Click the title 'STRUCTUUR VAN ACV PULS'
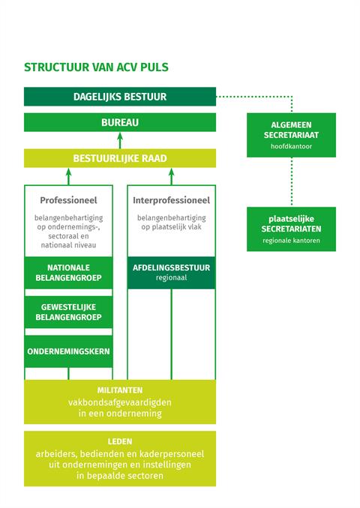(96, 67)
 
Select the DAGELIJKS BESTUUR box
(120, 97)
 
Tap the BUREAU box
(120, 122)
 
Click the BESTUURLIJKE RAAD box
(120, 158)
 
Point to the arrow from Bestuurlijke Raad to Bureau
(120, 140)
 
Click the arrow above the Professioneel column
(68, 176)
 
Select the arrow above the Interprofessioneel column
(171, 176)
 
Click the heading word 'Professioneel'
(68, 201)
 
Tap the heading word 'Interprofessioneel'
(171, 201)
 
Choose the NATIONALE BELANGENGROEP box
(68, 273)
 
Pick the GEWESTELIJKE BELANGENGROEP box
(68, 312)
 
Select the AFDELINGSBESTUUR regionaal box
(171, 273)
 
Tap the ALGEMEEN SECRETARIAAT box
(291, 135)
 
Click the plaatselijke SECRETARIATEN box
(291, 229)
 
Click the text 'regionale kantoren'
(291, 241)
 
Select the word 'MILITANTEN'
(120, 390)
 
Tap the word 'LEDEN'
(120, 441)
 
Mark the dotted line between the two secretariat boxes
(291, 182)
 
